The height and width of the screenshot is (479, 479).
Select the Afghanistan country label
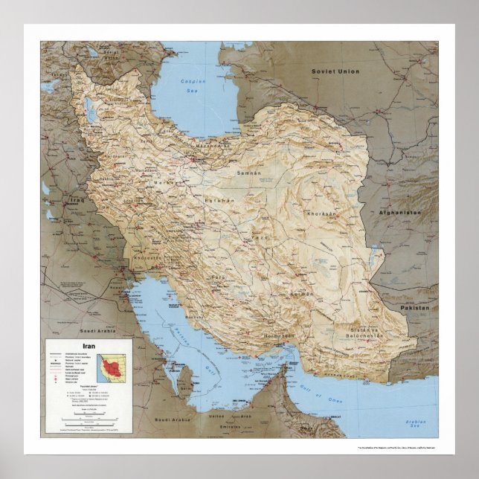click(x=399, y=212)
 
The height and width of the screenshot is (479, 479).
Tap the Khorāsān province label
click(x=321, y=213)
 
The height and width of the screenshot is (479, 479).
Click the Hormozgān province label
click(x=277, y=336)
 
